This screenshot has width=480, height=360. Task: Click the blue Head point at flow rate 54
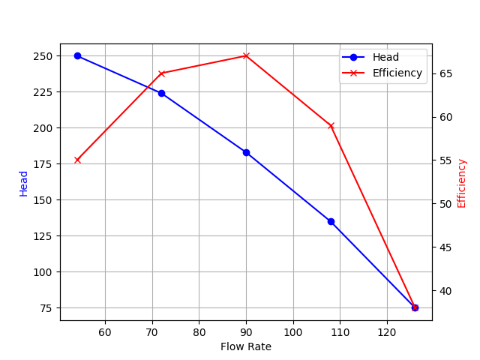[x=77, y=55]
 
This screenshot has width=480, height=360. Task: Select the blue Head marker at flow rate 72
[x=161, y=93]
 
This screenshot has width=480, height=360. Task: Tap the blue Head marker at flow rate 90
[x=246, y=152]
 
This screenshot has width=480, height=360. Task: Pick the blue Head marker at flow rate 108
[x=331, y=221]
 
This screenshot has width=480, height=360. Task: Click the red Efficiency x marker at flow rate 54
[x=77, y=160]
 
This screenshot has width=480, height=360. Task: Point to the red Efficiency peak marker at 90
[x=246, y=55]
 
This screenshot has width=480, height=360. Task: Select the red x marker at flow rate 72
[x=161, y=73]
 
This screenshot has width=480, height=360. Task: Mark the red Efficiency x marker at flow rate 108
[x=331, y=125]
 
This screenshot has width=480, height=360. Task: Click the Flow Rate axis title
[x=246, y=346]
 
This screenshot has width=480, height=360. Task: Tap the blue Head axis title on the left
[x=24, y=183]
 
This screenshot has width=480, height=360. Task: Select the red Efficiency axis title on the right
[x=461, y=183]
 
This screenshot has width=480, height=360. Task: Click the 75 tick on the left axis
[x=46, y=308]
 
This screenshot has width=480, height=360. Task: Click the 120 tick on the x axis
[x=387, y=332]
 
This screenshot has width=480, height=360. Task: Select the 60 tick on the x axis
[x=105, y=332]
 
